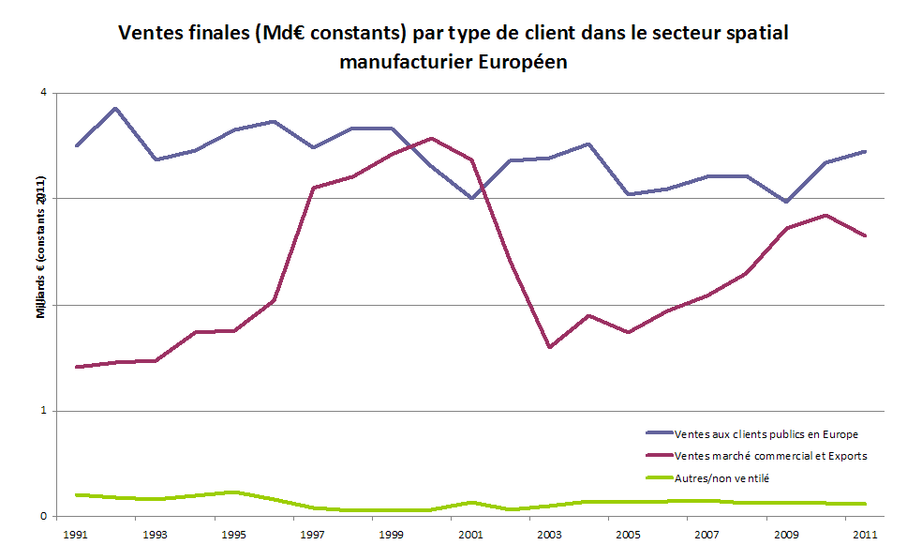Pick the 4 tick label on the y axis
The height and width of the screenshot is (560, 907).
[44, 93]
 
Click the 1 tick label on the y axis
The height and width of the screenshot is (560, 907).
[44, 411]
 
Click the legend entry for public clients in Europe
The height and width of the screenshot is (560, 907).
[766, 433]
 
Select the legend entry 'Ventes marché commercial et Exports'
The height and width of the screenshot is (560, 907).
[770, 456]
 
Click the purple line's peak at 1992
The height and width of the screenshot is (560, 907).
[115, 108]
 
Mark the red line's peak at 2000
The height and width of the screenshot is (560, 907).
[430, 138]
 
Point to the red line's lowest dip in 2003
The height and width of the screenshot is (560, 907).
[549, 347]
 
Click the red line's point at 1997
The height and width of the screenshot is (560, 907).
[312, 188]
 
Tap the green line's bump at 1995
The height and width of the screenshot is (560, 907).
[233, 492]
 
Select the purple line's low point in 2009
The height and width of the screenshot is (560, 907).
[785, 202]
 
